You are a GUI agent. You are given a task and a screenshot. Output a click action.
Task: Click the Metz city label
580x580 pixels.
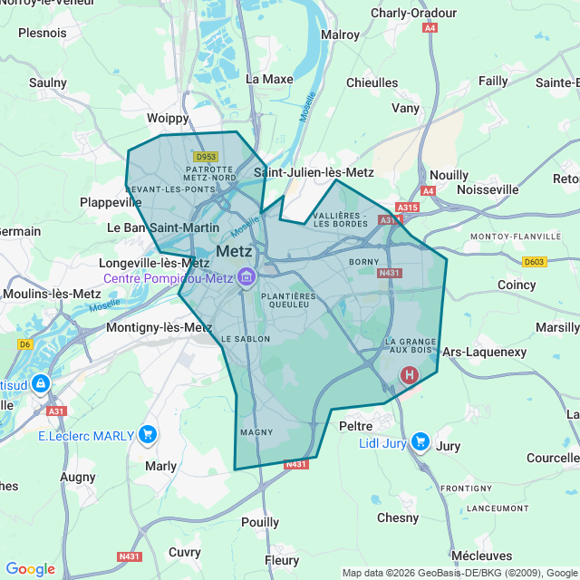pyautogui.click(x=234, y=251)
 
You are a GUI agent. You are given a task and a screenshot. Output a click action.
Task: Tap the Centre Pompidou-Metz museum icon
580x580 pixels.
pyautogui.click(x=246, y=278)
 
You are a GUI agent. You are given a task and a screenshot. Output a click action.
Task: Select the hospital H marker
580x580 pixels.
pyautogui.click(x=410, y=374)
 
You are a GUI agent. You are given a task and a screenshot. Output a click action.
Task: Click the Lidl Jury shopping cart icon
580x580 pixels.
pyautogui.click(x=420, y=441)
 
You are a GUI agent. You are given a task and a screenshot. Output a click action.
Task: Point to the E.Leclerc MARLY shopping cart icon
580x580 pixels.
pyautogui.click(x=149, y=435)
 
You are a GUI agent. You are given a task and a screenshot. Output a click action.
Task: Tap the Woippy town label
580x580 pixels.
pyautogui.click(x=168, y=118)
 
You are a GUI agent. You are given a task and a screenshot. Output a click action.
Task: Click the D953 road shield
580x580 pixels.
pyautogui.click(x=206, y=156)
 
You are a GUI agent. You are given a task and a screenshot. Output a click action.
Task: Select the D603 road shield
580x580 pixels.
pyautogui.click(x=535, y=262)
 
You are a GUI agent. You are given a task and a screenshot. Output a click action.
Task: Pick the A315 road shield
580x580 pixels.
pyautogui.click(x=407, y=208)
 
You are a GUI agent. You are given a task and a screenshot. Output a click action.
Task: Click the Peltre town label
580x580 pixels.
pyautogui.click(x=356, y=425)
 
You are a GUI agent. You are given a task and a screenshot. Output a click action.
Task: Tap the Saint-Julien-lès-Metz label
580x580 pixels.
pyautogui.click(x=314, y=172)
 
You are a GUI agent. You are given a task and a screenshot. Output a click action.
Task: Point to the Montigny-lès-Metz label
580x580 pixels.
pyautogui.click(x=159, y=327)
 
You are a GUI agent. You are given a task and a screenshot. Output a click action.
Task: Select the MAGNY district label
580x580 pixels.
pyautogui.click(x=257, y=432)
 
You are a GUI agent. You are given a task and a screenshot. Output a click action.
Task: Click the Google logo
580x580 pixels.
pyautogui.click(x=30, y=569)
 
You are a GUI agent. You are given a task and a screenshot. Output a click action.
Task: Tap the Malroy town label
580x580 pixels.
pyautogui.click(x=340, y=34)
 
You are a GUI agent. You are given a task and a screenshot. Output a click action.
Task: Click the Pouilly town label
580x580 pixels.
pyautogui.click(x=260, y=522)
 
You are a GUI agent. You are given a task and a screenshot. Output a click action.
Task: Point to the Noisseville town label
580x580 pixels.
pyautogui.click(x=488, y=189)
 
